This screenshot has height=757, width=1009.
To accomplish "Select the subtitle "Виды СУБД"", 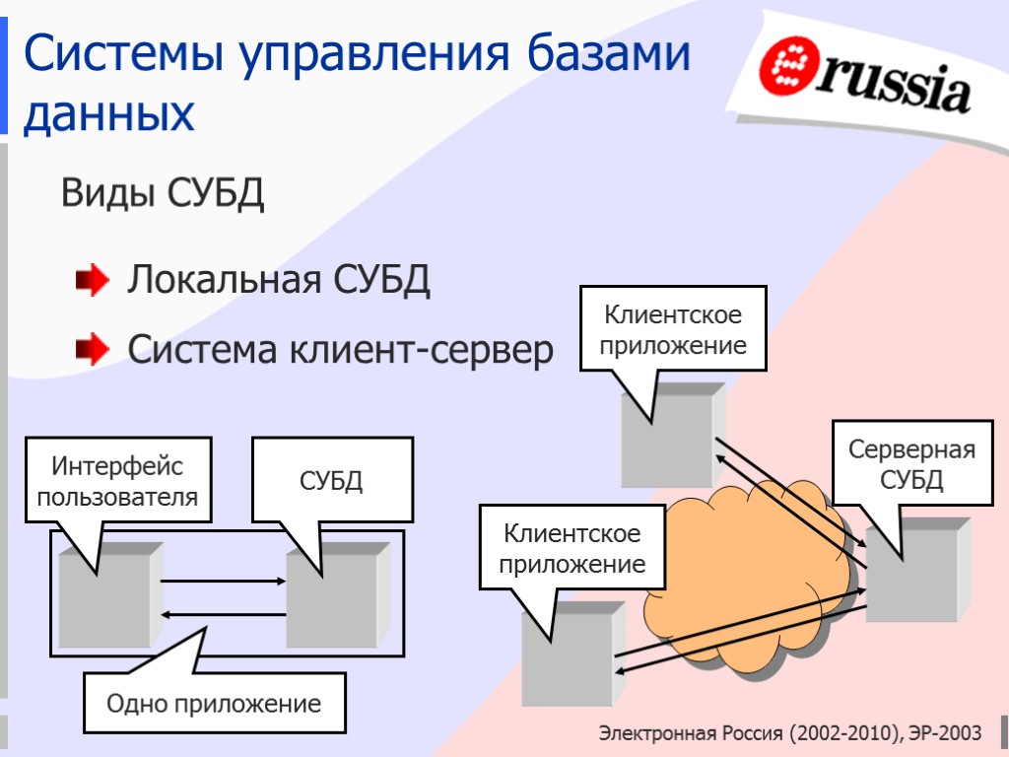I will point(163,193).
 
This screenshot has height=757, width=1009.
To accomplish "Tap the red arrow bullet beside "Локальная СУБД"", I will point(93,283).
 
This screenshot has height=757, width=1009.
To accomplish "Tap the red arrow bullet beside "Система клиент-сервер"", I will point(93,349).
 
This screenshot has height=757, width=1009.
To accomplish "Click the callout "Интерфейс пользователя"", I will point(118,481).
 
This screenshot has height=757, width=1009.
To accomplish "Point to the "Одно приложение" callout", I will point(214,704).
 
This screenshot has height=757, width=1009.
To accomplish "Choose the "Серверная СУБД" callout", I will point(910,465).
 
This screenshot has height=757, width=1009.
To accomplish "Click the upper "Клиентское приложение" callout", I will point(673,330).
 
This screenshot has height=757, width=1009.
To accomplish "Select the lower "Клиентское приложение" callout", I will point(572,549).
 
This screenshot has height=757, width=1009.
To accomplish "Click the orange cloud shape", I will point(749,582).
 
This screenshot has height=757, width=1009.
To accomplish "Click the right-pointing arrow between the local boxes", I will point(223,582).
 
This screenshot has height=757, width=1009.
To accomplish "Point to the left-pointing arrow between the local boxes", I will point(223,615).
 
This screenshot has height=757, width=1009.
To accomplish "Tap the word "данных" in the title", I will point(108,115).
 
